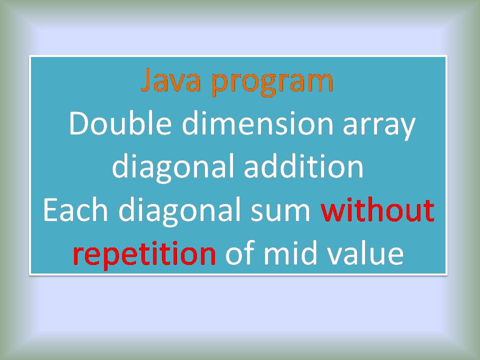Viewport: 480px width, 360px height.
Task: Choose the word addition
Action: click(x=303, y=166)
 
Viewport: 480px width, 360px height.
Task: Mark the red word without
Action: click(x=377, y=210)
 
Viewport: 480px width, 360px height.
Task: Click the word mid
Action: click(x=288, y=253)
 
